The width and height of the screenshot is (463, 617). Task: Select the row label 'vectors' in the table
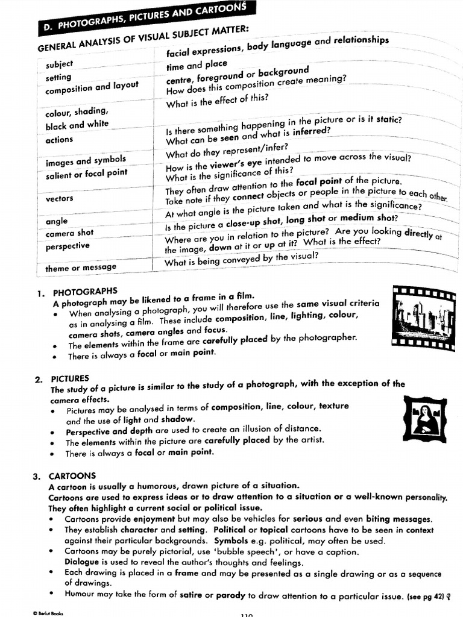click(60, 198)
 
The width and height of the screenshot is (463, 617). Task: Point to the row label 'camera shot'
click(69, 232)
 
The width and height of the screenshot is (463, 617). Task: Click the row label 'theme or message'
click(81, 268)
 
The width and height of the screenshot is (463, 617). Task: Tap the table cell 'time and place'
click(197, 65)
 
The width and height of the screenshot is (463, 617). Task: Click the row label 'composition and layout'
click(92, 88)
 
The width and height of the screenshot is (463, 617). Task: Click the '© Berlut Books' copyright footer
click(48, 612)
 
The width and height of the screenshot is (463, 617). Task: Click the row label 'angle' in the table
click(57, 221)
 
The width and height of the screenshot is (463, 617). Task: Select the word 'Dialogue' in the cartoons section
click(83, 562)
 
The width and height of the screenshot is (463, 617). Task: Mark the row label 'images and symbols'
click(86, 161)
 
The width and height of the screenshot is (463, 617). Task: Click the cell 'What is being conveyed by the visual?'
click(241, 260)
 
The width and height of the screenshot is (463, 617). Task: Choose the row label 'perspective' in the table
click(67, 246)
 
